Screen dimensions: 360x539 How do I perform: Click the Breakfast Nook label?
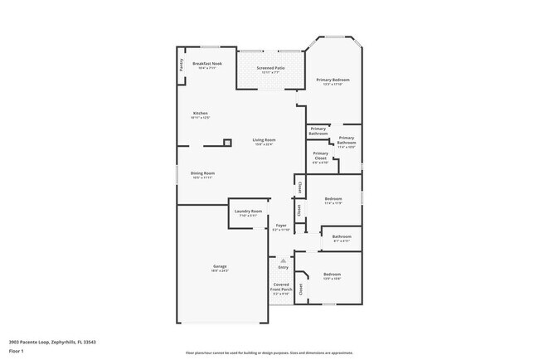coord(206,64)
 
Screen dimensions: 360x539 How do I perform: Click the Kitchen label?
coord(200,114)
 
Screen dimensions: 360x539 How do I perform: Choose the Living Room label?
coord(264,140)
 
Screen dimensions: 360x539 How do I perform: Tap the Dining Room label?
coord(203,173)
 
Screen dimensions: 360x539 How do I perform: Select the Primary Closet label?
coord(320,155)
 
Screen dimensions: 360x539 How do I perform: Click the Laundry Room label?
coord(248,212)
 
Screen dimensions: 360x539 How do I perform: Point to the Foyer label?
coord(281,225)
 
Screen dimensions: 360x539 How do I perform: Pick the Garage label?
coord(220,266)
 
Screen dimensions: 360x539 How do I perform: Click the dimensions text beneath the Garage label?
coord(220,271)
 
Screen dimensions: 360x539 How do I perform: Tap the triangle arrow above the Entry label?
coord(282,260)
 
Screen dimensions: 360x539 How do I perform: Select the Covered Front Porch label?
coord(281,287)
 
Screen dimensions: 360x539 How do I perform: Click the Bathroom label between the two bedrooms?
coord(342,236)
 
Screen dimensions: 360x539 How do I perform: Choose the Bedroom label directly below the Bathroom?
coord(332,275)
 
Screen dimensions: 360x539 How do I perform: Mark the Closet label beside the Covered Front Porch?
coord(301,289)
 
